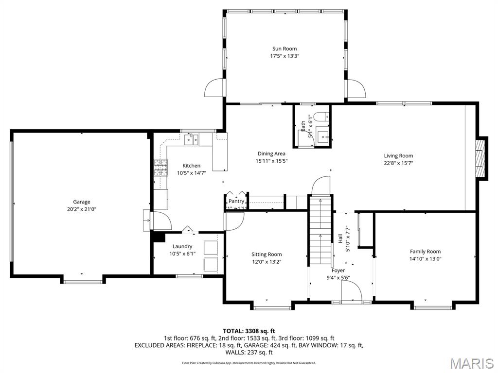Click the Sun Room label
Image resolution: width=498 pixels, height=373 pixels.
pyautogui.click(x=285, y=49)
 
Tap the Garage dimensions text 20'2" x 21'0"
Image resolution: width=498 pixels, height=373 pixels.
pyautogui.click(x=82, y=209)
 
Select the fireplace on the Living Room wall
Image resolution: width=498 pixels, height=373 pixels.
pyautogui.click(x=481, y=158)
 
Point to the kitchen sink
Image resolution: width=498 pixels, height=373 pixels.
pyautogui.click(x=191, y=140)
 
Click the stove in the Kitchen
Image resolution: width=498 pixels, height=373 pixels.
pyautogui.click(x=160, y=168)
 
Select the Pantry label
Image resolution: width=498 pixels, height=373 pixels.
pyautogui.click(x=236, y=201)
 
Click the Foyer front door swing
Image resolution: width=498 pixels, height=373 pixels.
pyautogui.click(x=351, y=291)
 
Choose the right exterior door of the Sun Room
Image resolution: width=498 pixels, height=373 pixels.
pyautogui.click(x=356, y=88)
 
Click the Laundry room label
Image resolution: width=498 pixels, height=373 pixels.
pyautogui.click(x=182, y=246)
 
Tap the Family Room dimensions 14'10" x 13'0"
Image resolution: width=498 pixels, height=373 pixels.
pyautogui.click(x=425, y=259)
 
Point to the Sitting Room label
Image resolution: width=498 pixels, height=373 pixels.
pyautogui.click(x=267, y=254)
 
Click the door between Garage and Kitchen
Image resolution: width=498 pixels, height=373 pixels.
pyautogui.click(x=160, y=221)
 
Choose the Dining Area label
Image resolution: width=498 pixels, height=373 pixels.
pyautogui.click(x=272, y=153)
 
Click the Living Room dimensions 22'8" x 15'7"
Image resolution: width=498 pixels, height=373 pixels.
pyautogui.click(x=398, y=163)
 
